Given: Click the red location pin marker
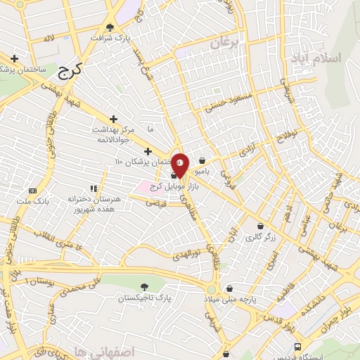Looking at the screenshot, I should point(180,165).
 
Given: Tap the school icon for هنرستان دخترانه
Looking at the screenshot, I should point(93,188).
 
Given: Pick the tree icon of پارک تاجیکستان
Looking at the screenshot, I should point(144,286).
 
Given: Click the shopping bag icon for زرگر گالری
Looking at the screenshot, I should point(261,226).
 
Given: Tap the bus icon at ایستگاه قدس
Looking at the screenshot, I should point(298,347).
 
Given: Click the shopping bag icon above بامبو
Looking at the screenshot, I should point(202,160).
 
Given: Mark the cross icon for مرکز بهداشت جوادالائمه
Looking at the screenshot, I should point(114,120).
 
